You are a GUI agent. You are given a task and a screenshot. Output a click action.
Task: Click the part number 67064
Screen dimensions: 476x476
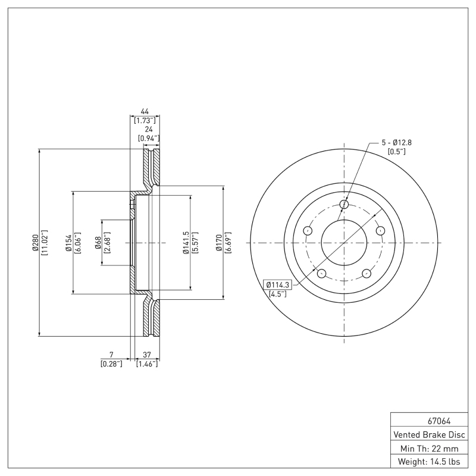pyautogui.click(x=429, y=421)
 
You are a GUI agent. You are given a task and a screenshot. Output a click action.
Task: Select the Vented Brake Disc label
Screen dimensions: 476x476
pyautogui.click(x=429, y=434)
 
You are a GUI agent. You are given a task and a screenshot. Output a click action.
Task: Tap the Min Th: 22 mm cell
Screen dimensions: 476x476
pyautogui.click(x=429, y=447)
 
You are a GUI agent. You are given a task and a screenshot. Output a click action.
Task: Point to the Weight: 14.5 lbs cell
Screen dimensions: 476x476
pyautogui.click(x=429, y=461)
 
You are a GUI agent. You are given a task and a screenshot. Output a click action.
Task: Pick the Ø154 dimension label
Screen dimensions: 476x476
pyautogui.click(x=68, y=243)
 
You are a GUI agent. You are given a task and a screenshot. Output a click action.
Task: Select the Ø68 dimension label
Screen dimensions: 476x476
pyautogui.click(x=98, y=243)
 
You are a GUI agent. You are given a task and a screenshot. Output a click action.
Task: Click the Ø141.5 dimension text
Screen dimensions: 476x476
pyautogui.click(x=186, y=243)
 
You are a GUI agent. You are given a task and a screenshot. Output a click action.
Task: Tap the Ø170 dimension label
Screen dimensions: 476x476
pyautogui.click(x=220, y=243)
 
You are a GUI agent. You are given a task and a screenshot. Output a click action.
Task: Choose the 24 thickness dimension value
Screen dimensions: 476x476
pyautogui.click(x=150, y=129)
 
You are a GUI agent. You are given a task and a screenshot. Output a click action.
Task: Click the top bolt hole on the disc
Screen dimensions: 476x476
pyautogui.click(x=345, y=205)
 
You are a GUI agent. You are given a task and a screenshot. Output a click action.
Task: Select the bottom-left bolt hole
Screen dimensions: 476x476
pyautogui.click(x=322, y=274)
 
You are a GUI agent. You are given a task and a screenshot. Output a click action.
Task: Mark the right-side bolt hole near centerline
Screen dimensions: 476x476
pyautogui.click(x=381, y=231)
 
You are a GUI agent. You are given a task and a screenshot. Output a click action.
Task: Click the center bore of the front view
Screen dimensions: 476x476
pyautogui.click(x=345, y=243)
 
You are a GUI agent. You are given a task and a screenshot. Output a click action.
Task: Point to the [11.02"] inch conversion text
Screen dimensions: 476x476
pyautogui.click(x=44, y=243)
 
